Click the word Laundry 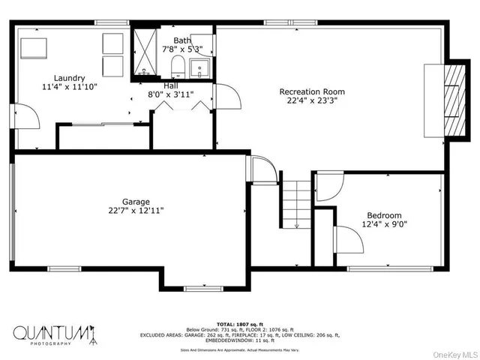[x=69, y=77]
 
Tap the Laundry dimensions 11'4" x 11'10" [x=69, y=87]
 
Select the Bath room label [x=182, y=40]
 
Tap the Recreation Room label [x=312, y=91]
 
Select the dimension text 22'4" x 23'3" [x=312, y=100]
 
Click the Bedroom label [x=383, y=214]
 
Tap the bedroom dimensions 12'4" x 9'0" [x=383, y=224]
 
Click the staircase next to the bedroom [x=296, y=201]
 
